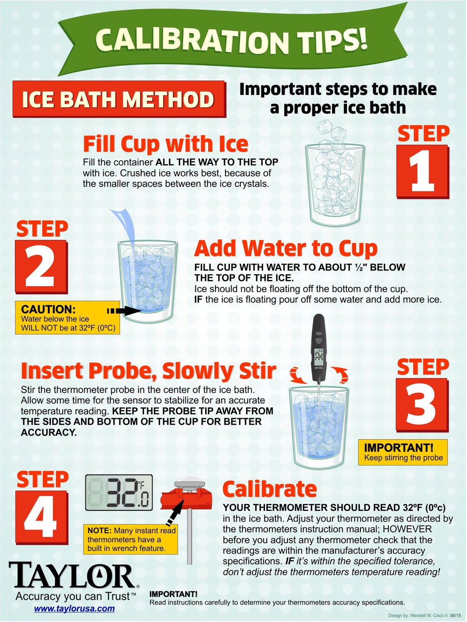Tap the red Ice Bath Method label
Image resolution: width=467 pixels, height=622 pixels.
119,99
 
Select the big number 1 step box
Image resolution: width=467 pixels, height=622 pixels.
422,172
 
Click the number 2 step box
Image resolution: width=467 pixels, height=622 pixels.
41,266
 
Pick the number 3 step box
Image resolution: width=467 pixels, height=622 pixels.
422,405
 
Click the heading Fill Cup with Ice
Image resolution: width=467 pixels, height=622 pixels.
165,144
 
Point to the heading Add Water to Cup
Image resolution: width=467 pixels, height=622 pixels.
286,248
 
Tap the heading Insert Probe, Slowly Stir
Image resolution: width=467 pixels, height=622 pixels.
148,371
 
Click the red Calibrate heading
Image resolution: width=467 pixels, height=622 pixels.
270,489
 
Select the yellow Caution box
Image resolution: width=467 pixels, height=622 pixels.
67,317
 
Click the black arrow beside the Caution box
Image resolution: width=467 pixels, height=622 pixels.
124,311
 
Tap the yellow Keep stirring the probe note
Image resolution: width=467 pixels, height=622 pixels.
403,452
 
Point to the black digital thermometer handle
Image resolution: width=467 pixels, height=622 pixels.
319,347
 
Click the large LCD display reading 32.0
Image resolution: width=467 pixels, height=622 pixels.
119,493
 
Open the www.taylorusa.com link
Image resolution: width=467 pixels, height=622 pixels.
74,608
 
